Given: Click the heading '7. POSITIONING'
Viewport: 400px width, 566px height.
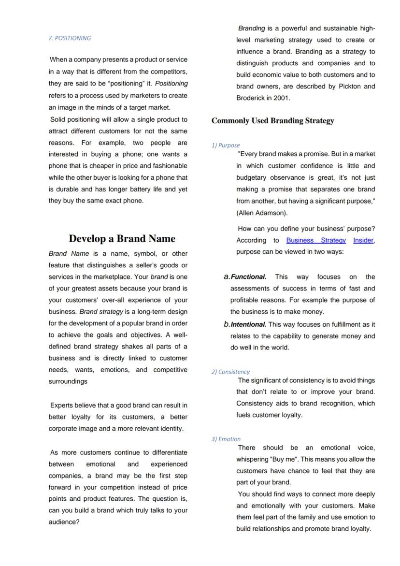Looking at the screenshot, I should point(70,38).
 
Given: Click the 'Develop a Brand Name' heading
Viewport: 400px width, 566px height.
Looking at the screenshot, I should point(122,238).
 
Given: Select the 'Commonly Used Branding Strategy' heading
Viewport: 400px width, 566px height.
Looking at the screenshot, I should point(272,121).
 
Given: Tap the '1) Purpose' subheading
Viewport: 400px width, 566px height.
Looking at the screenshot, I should point(225,145).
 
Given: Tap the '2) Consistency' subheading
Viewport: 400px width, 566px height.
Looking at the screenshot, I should point(230,372).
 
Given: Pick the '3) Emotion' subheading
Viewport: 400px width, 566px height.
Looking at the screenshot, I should point(226,439).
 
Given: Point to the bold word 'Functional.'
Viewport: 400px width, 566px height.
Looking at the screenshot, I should point(248,277).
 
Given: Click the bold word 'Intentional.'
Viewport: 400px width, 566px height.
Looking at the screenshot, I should point(248,324).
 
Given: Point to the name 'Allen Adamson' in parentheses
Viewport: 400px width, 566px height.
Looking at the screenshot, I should point(261,213).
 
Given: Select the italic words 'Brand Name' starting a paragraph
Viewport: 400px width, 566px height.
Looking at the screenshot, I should point(69,254).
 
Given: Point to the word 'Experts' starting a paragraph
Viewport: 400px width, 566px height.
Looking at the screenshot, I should point(62,406).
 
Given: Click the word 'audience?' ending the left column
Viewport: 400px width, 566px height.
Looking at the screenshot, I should point(64,522).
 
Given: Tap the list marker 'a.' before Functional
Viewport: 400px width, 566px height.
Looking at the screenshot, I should point(227,277).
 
